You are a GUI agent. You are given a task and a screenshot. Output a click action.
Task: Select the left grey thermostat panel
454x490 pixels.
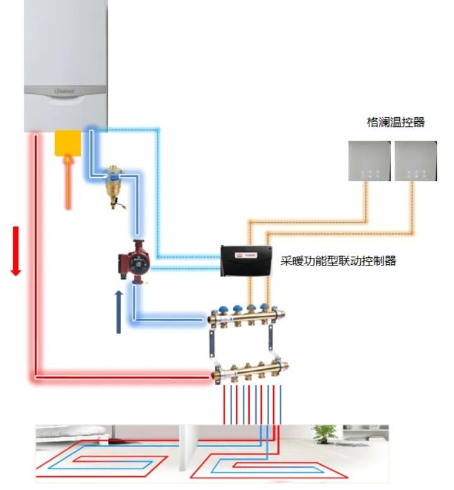[x=369, y=161]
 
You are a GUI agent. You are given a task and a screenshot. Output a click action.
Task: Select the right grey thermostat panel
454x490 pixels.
[x=416, y=161]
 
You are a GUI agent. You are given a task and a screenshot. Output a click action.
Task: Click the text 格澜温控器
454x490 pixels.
[x=395, y=122]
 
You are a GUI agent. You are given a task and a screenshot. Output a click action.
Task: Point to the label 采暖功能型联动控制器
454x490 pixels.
[x=338, y=260]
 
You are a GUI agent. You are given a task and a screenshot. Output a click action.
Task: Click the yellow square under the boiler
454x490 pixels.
[x=68, y=143]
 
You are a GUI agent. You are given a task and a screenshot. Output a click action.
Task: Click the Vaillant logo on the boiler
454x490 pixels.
[x=64, y=93]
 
